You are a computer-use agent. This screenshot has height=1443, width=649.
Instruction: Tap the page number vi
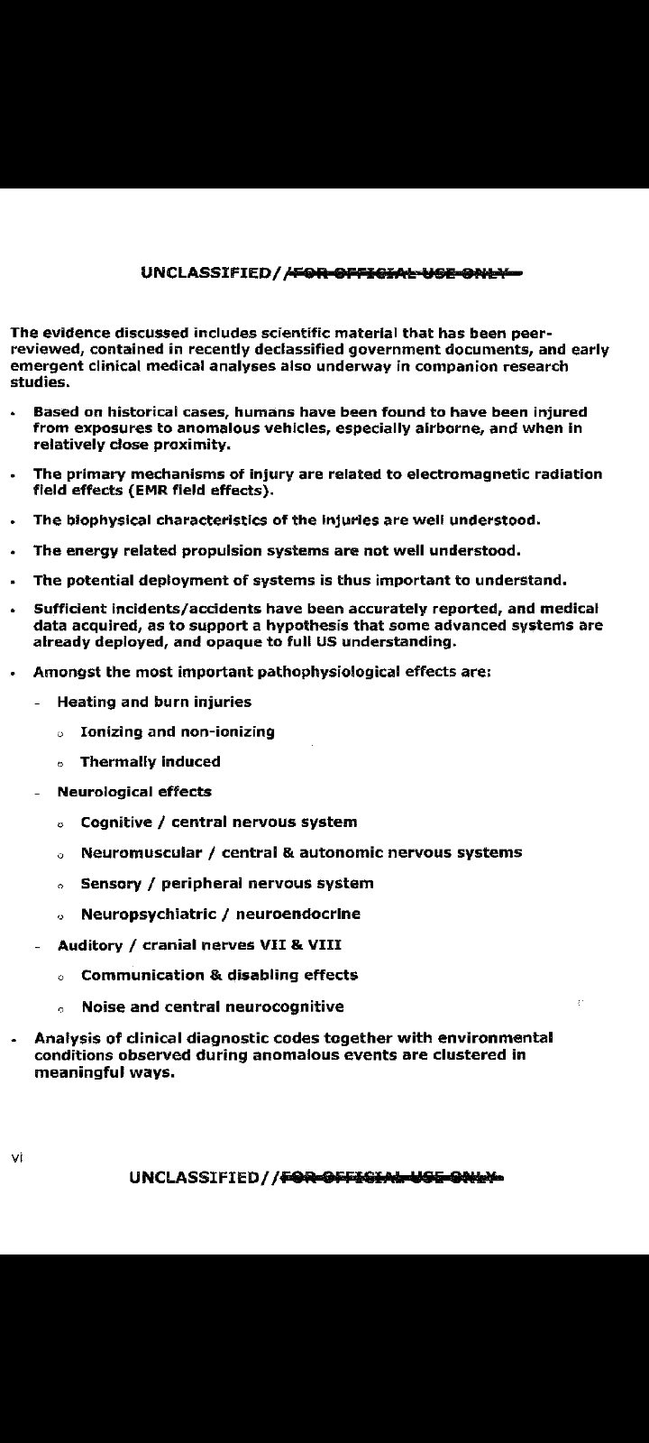click(x=16, y=1156)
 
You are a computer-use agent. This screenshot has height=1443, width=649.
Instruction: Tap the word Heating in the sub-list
click(x=86, y=702)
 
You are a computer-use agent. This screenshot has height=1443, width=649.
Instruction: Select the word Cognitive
click(x=116, y=823)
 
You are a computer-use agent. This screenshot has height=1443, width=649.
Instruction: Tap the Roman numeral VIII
click(x=325, y=945)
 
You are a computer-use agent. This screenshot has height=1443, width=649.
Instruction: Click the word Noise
click(x=104, y=1006)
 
